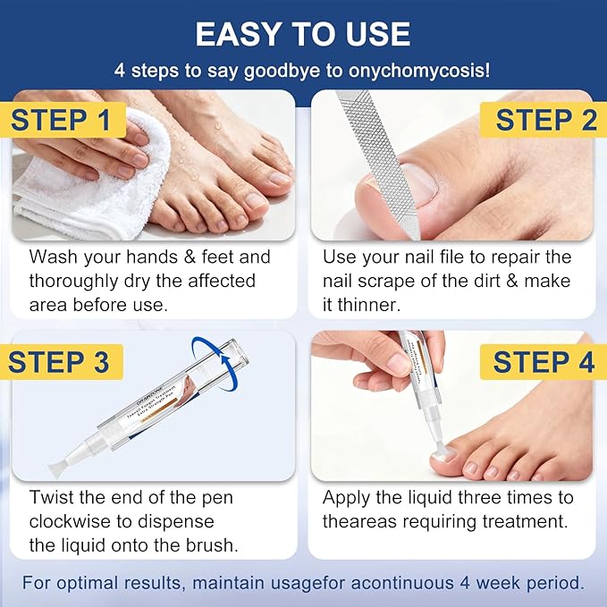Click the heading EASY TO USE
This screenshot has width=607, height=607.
pos(303,34)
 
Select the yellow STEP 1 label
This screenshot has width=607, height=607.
pos(61,120)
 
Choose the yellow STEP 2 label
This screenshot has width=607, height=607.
pos(545,120)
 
